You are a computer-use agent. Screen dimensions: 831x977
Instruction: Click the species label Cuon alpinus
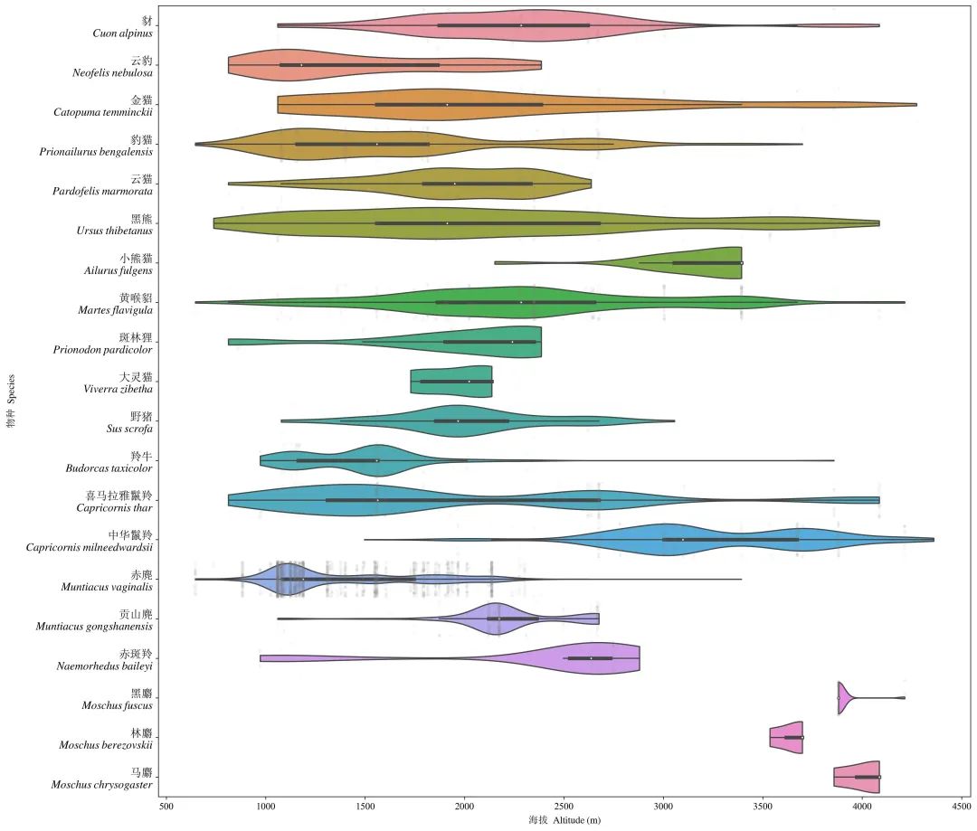(x=121, y=33)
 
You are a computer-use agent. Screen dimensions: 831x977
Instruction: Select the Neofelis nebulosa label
(x=112, y=72)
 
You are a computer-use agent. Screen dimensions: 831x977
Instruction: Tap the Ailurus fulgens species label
(x=116, y=269)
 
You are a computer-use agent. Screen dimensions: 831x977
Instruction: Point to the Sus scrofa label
(x=129, y=428)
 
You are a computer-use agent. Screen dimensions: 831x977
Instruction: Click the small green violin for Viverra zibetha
(x=452, y=382)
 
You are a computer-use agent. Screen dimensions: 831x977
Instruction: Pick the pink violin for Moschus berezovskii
(x=787, y=737)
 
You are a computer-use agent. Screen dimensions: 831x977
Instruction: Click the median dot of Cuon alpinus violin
(x=521, y=25)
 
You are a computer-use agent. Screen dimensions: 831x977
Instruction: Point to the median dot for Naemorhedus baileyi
(x=592, y=658)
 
